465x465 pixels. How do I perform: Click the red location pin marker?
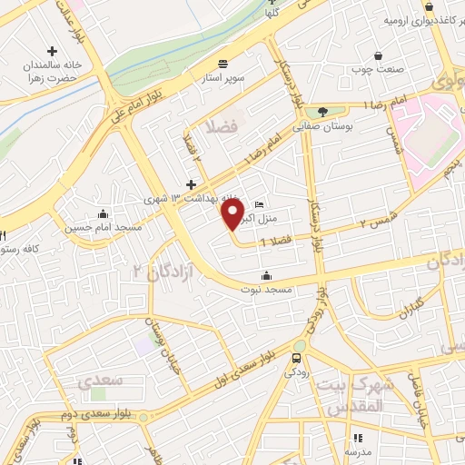(233, 214)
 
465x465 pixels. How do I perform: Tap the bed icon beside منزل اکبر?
(261, 204)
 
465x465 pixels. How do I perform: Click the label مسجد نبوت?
(264, 291)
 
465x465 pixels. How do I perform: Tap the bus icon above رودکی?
(294, 360)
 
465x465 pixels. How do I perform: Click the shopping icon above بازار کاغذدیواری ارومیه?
(378, 4)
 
